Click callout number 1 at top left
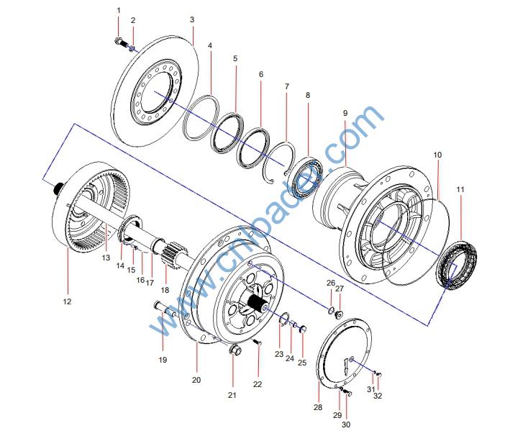point(119,10)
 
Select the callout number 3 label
point(192,19)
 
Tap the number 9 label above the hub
point(345,114)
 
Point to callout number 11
point(460,189)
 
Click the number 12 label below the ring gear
point(67,302)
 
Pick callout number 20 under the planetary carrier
point(196,379)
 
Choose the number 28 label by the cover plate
point(318,406)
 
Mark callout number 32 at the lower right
point(378,396)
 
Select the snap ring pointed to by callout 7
point(281,163)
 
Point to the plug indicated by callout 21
point(233,352)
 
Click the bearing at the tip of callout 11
point(456,266)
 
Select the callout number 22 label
point(258,384)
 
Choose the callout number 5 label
point(235,57)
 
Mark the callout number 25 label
point(302,362)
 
